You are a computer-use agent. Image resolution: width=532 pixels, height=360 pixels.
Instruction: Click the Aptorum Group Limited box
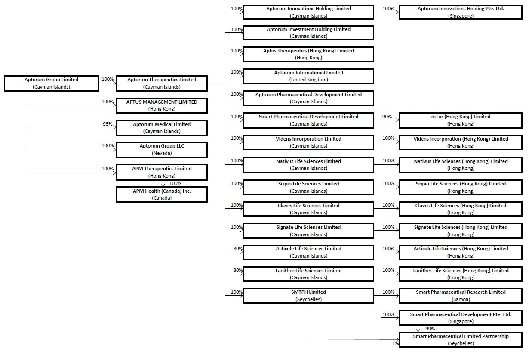[51, 83]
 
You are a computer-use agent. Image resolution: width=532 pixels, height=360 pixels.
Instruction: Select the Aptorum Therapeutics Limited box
[162, 83]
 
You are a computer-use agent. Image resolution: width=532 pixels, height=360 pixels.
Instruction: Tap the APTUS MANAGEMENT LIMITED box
[162, 105]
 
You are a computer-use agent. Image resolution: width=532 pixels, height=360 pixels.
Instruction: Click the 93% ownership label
[108, 124]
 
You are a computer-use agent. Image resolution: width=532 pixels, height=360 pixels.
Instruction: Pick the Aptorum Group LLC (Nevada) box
[162, 150]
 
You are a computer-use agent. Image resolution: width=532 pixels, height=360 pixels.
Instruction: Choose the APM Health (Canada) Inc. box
[162, 194]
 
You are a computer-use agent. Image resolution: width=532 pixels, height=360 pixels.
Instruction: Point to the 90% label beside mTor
[387, 117]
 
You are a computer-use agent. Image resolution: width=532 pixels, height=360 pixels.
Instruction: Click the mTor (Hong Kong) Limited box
[461, 120]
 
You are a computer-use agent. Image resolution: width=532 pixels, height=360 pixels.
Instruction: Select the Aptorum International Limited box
[308, 76]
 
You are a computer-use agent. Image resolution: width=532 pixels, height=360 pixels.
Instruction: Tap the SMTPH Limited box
[308, 295]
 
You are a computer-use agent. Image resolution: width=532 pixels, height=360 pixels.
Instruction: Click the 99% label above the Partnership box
[430, 329]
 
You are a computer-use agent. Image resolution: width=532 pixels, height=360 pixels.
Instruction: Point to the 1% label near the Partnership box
[395, 343]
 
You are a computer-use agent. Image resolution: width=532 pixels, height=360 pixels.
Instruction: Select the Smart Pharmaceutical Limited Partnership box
[461, 340]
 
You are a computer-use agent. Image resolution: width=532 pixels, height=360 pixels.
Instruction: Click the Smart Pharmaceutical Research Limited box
[461, 295]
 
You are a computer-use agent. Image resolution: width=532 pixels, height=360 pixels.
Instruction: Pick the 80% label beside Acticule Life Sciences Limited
[238, 249]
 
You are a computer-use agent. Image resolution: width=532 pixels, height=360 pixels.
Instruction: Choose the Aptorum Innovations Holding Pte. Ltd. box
[461, 12]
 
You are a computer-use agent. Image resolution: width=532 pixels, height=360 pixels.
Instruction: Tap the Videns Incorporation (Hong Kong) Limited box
[461, 142]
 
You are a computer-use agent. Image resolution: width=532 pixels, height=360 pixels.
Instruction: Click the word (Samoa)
[461, 299]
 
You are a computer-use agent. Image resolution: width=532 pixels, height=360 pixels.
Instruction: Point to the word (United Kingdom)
[308, 80]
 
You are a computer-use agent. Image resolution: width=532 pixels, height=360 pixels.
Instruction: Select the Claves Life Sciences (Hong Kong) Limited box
[461, 209]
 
